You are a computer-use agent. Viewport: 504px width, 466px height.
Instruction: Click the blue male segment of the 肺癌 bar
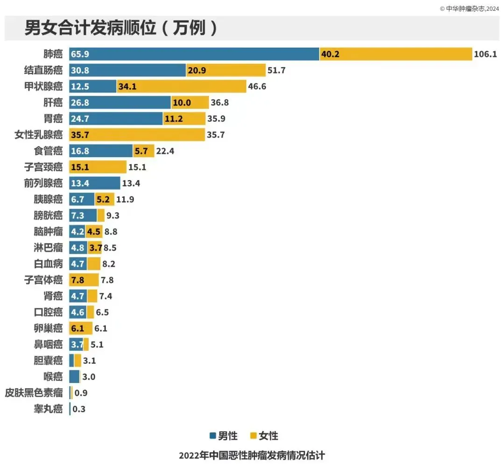click(194, 54)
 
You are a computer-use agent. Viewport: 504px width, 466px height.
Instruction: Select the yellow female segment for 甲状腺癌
click(181, 86)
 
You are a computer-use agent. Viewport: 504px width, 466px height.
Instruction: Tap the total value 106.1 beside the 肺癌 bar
click(485, 54)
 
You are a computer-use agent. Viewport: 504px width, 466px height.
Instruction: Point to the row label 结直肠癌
click(43, 70)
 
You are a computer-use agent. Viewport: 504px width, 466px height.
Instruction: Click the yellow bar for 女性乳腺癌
click(137, 135)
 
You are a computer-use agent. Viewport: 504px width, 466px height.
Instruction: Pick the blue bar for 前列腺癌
click(94, 183)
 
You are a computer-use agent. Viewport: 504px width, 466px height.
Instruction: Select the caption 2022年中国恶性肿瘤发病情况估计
click(252, 455)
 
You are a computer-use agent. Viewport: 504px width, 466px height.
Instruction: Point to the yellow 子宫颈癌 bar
click(98, 167)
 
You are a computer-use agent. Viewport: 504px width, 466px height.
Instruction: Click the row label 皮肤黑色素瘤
click(33, 393)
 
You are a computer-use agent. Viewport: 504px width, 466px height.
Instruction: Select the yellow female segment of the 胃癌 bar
click(184, 118)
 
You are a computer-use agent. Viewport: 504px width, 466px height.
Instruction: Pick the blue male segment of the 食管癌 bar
click(101, 151)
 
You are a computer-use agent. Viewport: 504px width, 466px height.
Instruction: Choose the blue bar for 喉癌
click(74, 376)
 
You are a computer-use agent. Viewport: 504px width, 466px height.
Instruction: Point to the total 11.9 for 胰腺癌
click(125, 199)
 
